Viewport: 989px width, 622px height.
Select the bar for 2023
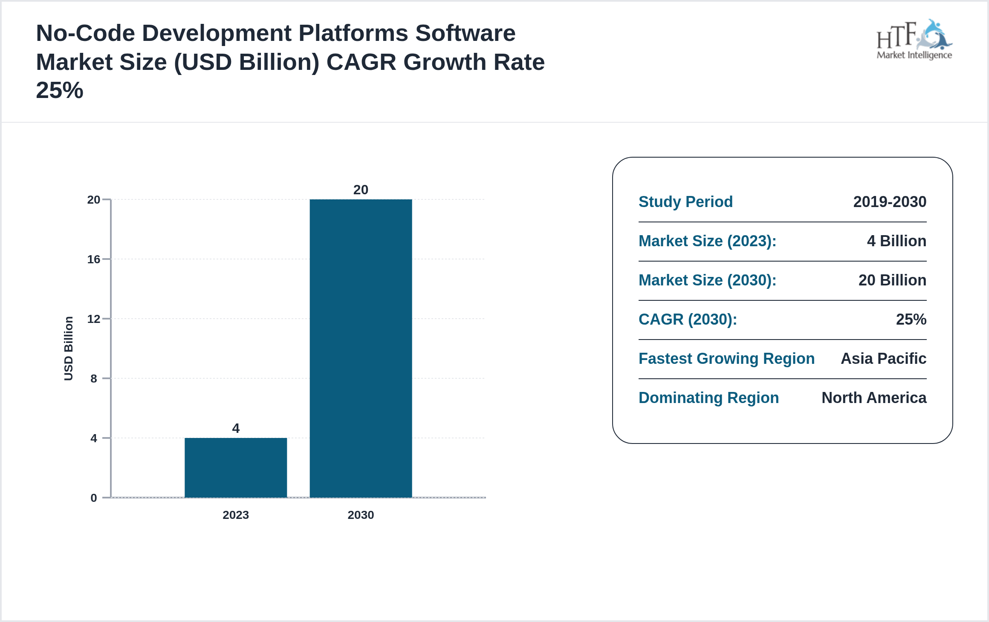(x=236, y=467)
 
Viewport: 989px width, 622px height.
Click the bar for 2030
(x=361, y=348)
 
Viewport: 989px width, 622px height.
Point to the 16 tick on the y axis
(x=94, y=259)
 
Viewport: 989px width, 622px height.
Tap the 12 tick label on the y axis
(x=94, y=319)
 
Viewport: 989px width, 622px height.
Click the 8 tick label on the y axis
(x=94, y=378)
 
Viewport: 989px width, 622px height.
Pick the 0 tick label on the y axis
(x=94, y=498)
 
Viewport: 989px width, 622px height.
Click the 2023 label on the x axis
(x=236, y=515)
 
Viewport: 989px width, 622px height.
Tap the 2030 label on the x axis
(x=361, y=515)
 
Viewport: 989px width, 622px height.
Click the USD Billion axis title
(x=69, y=348)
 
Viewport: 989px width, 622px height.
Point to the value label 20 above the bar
(x=361, y=190)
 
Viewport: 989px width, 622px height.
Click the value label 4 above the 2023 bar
(x=236, y=428)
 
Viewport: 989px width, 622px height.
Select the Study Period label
(x=685, y=202)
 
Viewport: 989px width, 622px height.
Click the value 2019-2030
(x=890, y=202)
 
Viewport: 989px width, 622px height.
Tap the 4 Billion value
(x=896, y=241)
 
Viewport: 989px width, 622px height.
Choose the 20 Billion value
(x=892, y=280)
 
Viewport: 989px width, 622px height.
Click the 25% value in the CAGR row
(x=911, y=319)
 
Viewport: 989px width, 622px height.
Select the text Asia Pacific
(x=883, y=358)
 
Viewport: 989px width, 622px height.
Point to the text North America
(x=874, y=397)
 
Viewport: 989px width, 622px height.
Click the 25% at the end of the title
(x=60, y=90)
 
